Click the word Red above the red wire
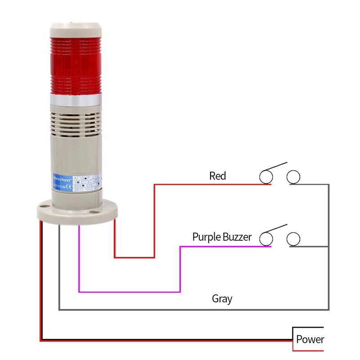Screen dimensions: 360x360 point(217,175)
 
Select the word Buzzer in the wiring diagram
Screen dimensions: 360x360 point(236,237)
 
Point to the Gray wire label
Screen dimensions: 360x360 point(222,298)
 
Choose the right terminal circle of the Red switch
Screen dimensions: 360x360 point(294,176)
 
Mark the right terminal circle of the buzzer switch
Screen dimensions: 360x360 point(294,238)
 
